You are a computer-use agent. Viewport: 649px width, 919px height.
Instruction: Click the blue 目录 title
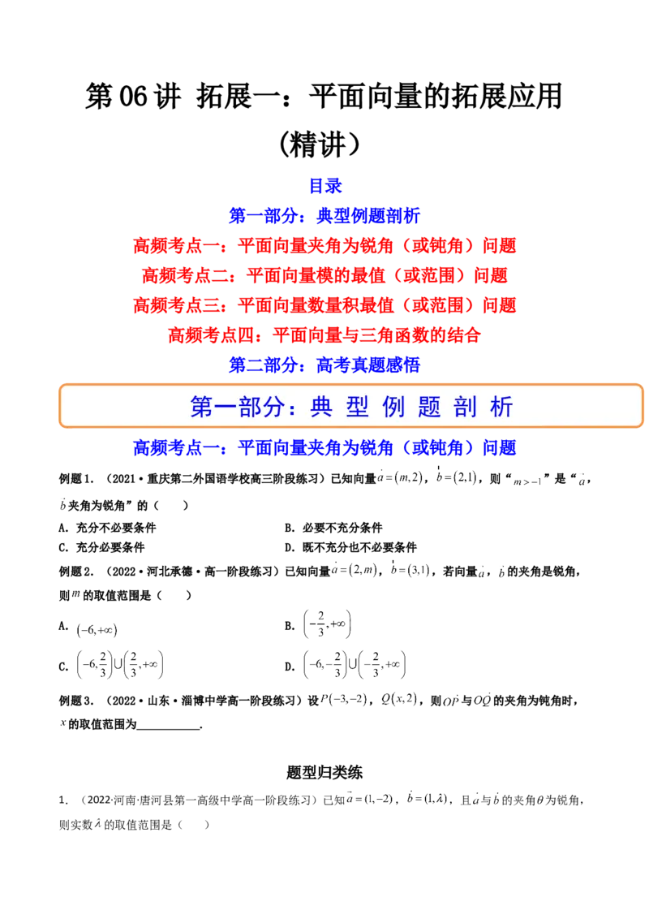click(324, 186)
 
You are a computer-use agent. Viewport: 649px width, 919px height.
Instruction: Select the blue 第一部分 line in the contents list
click(324, 216)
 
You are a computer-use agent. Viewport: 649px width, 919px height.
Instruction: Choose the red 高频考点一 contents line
click(324, 245)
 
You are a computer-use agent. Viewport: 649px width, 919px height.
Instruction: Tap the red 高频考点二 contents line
click(324, 275)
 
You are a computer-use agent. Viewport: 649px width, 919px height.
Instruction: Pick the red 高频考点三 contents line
click(324, 305)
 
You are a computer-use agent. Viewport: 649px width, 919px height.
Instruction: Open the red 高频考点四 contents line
click(324, 334)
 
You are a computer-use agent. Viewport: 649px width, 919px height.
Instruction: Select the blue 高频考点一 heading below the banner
click(324, 447)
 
